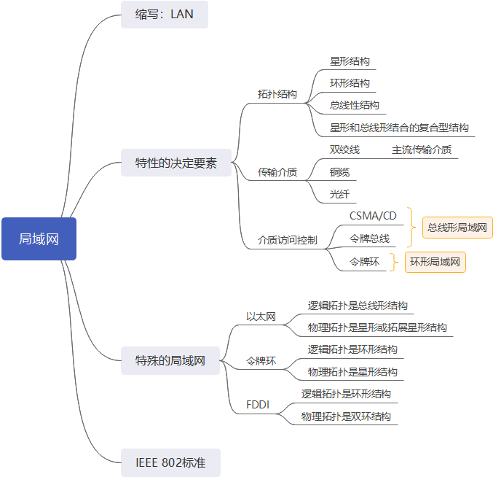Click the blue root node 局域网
point(39,238)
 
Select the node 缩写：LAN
point(165,14)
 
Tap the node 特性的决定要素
point(176,163)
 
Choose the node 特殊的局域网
point(170,360)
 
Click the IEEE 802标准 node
point(170,462)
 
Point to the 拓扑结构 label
point(277,94)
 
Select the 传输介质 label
point(277,172)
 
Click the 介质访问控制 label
point(288,239)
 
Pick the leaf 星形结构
point(350,61)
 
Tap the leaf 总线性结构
point(355,105)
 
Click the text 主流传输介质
point(422,150)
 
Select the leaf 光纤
point(339,194)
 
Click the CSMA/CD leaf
point(373,215)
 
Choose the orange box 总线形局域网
point(457,228)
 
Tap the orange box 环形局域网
point(435,261)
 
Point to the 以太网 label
point(261,316)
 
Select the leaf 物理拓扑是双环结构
point(347,416)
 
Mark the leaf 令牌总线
point(369,238)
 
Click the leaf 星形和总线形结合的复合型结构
point(399,128)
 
